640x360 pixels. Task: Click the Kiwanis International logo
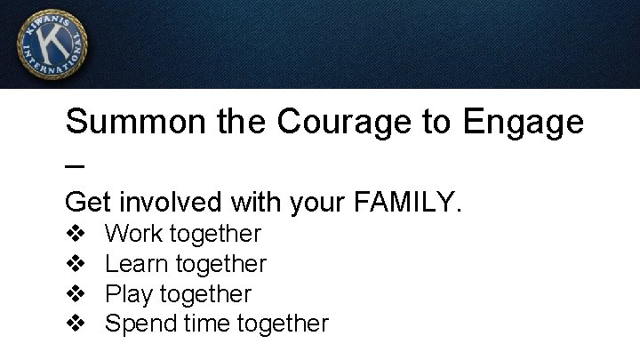point(52,44)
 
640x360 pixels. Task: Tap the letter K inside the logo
point(52,43)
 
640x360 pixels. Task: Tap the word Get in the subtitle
point(88,203)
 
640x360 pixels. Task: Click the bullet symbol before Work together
point(76,235)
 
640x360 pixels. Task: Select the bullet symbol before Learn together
point(76,264)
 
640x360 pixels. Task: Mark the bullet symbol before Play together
point(76,294)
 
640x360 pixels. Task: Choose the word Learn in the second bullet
point(136,264)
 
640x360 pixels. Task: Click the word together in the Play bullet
point(207,294)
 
